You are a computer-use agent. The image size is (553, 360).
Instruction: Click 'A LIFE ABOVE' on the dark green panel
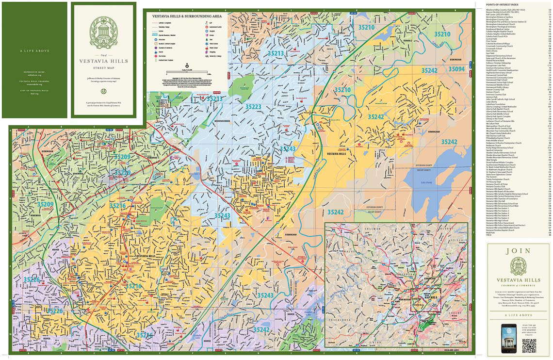click(x=34, y=50)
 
